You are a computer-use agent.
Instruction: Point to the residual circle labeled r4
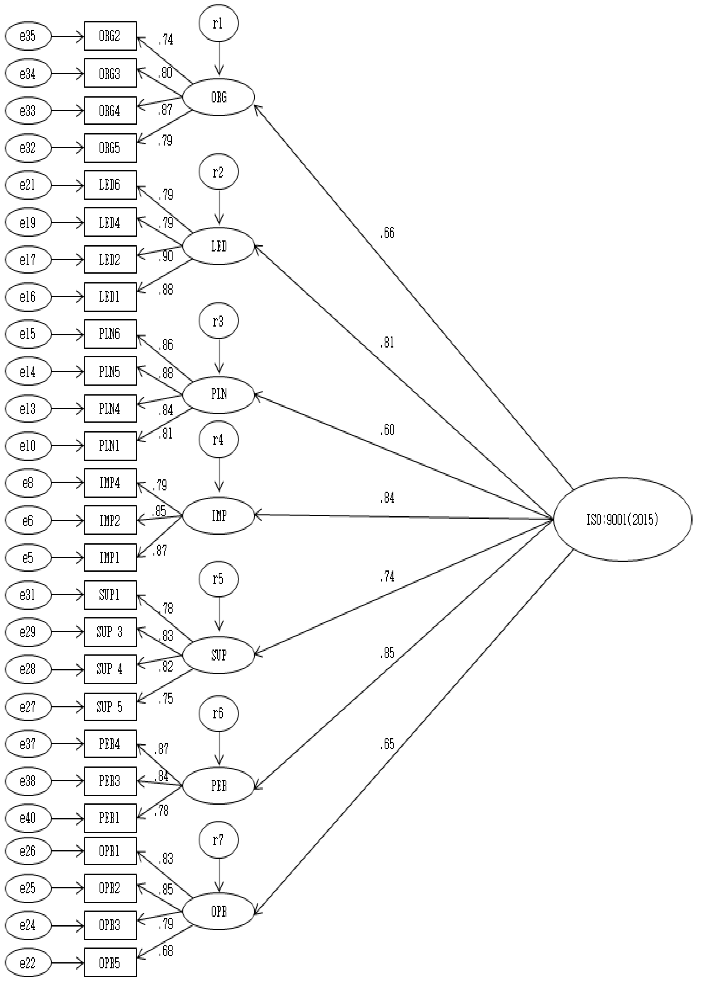pos(218,440)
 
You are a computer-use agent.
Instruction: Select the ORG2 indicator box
pos(110,36)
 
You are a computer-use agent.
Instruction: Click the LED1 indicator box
pos(110,297)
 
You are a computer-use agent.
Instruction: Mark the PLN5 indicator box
pos(110,371)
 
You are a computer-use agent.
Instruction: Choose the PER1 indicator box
pos(110,818)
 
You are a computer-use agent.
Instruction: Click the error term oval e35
pos(28,36)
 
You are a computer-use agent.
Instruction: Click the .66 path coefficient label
pos(387,233)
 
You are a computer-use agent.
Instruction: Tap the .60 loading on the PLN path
pos(387,430)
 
